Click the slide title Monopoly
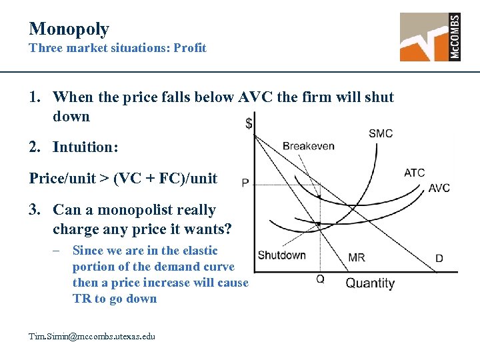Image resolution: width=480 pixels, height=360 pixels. pos(69,29)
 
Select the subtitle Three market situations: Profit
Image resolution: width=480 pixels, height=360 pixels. pos(117,48)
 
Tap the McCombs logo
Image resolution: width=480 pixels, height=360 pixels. pos(430,37)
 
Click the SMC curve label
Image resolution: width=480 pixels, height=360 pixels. pos(380,133)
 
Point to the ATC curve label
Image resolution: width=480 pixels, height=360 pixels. pos(414,173)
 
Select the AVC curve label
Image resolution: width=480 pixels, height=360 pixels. pos(439,188)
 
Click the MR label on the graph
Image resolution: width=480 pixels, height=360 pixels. pos(356,257)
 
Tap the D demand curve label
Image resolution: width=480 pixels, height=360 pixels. pos(439,258)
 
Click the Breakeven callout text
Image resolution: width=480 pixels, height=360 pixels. pos(308,146)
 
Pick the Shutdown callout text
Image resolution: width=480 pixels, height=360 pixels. pos(281,255)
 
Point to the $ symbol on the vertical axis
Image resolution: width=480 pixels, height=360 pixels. pos(249,123)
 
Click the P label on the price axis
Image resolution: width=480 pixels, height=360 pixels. pos(245,183)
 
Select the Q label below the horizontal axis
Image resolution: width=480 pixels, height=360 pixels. pos(320,279)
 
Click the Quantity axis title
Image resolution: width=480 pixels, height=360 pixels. pos(370,283)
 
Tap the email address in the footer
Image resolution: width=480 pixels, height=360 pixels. pos(92,337)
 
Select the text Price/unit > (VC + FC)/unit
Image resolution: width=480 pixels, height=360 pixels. pos(123,178)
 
